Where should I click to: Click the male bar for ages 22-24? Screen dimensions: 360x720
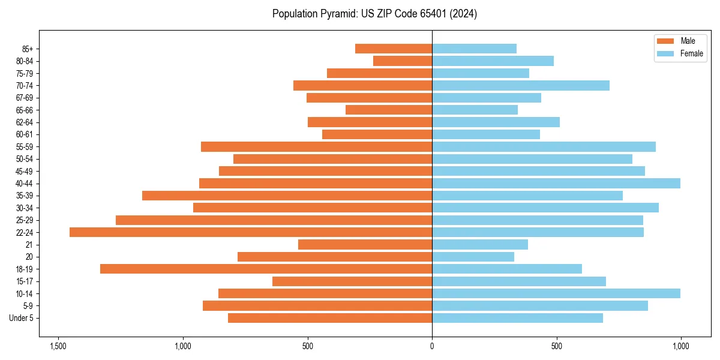coord(251,232)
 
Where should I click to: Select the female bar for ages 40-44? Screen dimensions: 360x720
coord(556,183)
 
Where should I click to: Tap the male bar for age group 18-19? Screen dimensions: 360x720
coord(266,269)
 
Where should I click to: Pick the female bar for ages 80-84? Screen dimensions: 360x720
coord(493,61)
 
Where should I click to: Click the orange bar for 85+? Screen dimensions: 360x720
coord(394,49)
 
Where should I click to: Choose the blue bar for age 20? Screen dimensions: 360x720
coord(473,257)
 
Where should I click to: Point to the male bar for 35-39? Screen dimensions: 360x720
coord(287,196)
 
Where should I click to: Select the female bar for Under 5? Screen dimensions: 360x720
coord(517,318)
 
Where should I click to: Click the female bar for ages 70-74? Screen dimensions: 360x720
coord(521,85)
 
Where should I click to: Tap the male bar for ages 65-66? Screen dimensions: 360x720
coord(389,110)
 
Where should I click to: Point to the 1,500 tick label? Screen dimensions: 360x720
coord(58,347)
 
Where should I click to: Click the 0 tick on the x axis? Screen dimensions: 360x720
coord(432,347)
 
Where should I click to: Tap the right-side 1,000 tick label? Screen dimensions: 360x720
coord(680,347)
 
